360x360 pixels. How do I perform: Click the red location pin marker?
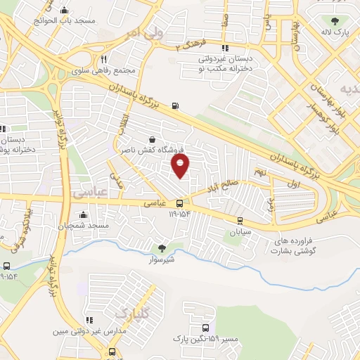point(181,166)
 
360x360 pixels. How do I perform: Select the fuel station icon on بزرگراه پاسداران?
point(174,107)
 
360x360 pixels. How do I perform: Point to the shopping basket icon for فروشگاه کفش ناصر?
point(153,139)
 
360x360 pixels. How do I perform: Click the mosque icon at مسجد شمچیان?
point(84,214)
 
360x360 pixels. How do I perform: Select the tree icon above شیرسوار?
point(162,247)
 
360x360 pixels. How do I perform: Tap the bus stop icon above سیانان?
point(240,219)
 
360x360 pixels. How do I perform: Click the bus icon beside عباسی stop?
point(180,203)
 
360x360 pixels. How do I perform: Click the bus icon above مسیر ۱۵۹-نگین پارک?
point(205,328)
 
